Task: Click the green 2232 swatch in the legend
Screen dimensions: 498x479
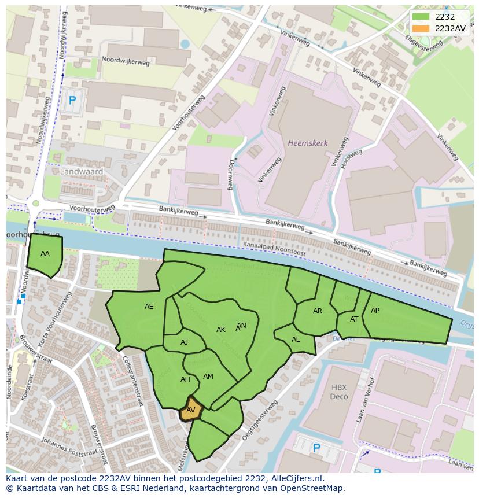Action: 421,16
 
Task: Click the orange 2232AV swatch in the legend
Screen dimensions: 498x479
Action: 421,28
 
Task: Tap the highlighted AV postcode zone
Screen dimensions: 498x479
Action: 191,410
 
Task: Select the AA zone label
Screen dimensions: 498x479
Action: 45,254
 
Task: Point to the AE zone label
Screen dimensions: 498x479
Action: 149,307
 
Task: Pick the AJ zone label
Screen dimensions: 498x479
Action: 184,342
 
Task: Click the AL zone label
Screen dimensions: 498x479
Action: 296,340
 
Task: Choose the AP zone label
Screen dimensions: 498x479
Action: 375,311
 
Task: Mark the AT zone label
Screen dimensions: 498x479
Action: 354,319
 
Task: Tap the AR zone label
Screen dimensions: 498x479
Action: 317,311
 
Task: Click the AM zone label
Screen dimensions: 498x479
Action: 208,377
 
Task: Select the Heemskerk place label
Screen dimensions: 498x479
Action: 308,142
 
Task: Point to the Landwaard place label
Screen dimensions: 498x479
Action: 82,172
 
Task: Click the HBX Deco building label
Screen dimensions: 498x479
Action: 339,392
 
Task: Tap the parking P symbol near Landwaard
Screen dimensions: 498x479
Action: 72,101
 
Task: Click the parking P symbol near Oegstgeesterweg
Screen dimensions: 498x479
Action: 316,448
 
